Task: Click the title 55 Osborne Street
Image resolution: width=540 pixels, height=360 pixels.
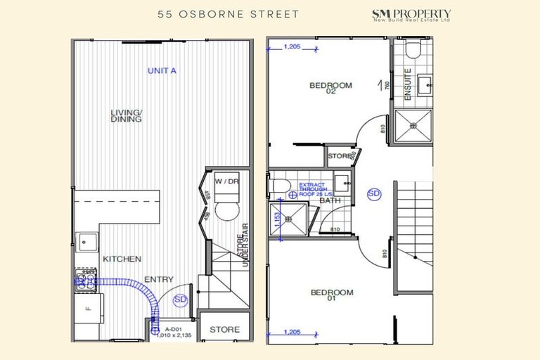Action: pyautogui.click(x=219, y=14)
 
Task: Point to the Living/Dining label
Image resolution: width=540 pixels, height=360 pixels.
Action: pyautogui.click(x=127, y=116)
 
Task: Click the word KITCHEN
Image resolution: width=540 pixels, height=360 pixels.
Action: pyautogui.click(x=122, y=259)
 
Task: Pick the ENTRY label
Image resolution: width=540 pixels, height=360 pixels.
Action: pyautogui.click(x=159, y=280)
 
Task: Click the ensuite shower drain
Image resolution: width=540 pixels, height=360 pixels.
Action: pyautogui.click(x=414, y=127)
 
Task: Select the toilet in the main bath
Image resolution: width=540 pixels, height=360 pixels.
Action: pyautogui.click(x=279, y=185)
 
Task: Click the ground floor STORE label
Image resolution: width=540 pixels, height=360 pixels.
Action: pyautogui.click(x=224, y=329)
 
